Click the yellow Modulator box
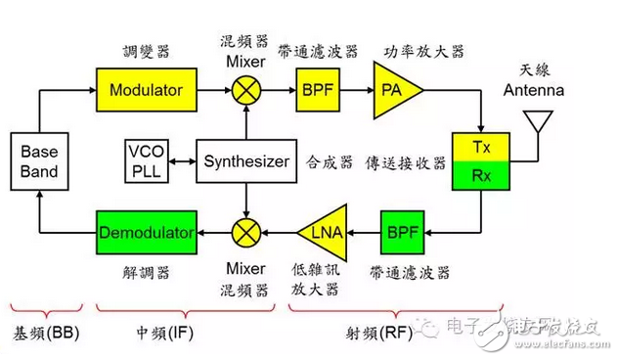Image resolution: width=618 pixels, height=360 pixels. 146,90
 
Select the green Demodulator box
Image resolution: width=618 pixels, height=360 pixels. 146,232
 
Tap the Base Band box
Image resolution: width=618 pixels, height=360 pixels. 39,162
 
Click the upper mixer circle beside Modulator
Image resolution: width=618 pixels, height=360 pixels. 245,90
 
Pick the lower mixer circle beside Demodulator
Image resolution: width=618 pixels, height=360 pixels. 245,232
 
